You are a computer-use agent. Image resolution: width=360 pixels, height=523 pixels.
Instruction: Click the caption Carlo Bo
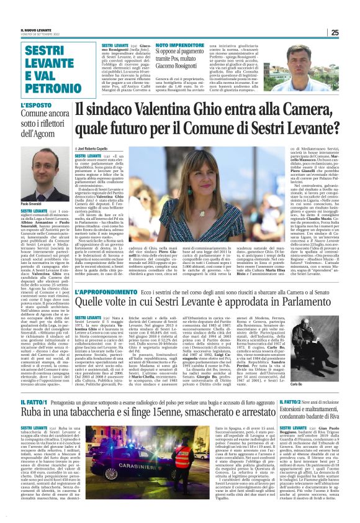point(329,385)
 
